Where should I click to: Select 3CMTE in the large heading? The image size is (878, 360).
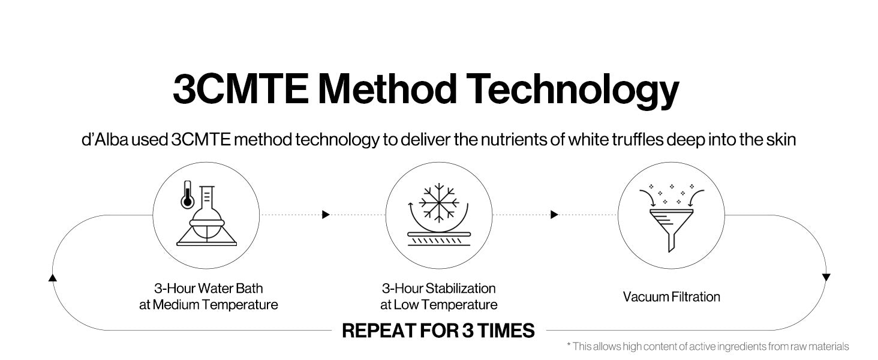pos(240,90)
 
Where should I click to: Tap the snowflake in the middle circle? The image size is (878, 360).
pos(438,202)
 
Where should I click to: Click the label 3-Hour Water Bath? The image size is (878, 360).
pos(208,289)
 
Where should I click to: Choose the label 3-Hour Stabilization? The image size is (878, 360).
pos(439,289)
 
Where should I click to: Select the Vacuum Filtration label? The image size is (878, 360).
pos(671,296)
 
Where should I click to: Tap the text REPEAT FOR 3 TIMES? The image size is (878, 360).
pos(438,331)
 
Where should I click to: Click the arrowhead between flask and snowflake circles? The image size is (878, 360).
pos(326,214)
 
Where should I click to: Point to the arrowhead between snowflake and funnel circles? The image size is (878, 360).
pos(555,214)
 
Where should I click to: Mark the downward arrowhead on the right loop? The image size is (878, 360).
pos(826,277)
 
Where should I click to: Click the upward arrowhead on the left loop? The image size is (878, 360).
pos(52,277)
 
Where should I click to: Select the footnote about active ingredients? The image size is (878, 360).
pos(708,346)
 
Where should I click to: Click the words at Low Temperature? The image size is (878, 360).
pos(439,305)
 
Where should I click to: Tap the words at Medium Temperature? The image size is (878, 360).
pos(208,305)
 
